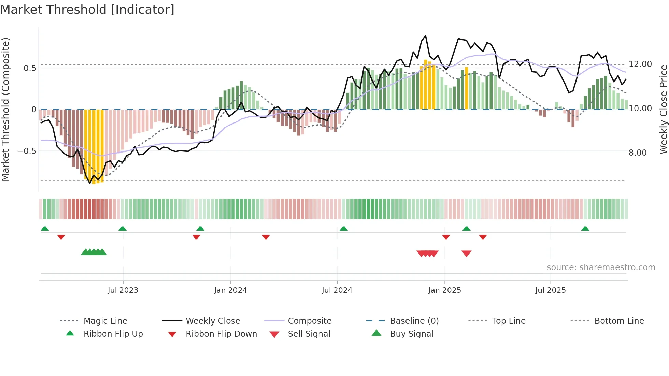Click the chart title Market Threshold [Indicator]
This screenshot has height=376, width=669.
pos(87,10)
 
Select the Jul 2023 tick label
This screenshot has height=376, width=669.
pos(123,290)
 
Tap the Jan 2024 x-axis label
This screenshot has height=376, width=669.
pos(230,290)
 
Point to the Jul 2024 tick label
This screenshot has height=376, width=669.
pos(337,290)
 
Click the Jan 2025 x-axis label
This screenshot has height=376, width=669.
pos(444,290)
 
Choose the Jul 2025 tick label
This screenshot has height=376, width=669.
pos(550,290)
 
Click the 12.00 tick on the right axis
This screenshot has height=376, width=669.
pos(640,64)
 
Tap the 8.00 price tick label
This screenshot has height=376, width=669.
pos(638,153)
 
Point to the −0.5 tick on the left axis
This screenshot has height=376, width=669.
pos(27,151)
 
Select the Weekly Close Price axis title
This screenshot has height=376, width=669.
pos(663,109)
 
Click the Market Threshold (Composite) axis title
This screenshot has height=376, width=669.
pos(5,109)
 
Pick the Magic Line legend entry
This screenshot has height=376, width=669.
pos(105,321)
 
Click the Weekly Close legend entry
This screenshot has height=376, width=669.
pos(213,321)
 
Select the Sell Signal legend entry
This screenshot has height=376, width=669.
pos(309,334)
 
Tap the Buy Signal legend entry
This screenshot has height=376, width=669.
pos(411,334)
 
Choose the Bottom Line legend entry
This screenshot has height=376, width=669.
pos(619,321)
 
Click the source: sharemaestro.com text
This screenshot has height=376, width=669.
pos(601,267)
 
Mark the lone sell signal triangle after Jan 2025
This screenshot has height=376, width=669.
pos(466,254)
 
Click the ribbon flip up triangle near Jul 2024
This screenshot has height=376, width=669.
pos(344,229)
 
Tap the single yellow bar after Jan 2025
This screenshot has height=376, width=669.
pos(466,88)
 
